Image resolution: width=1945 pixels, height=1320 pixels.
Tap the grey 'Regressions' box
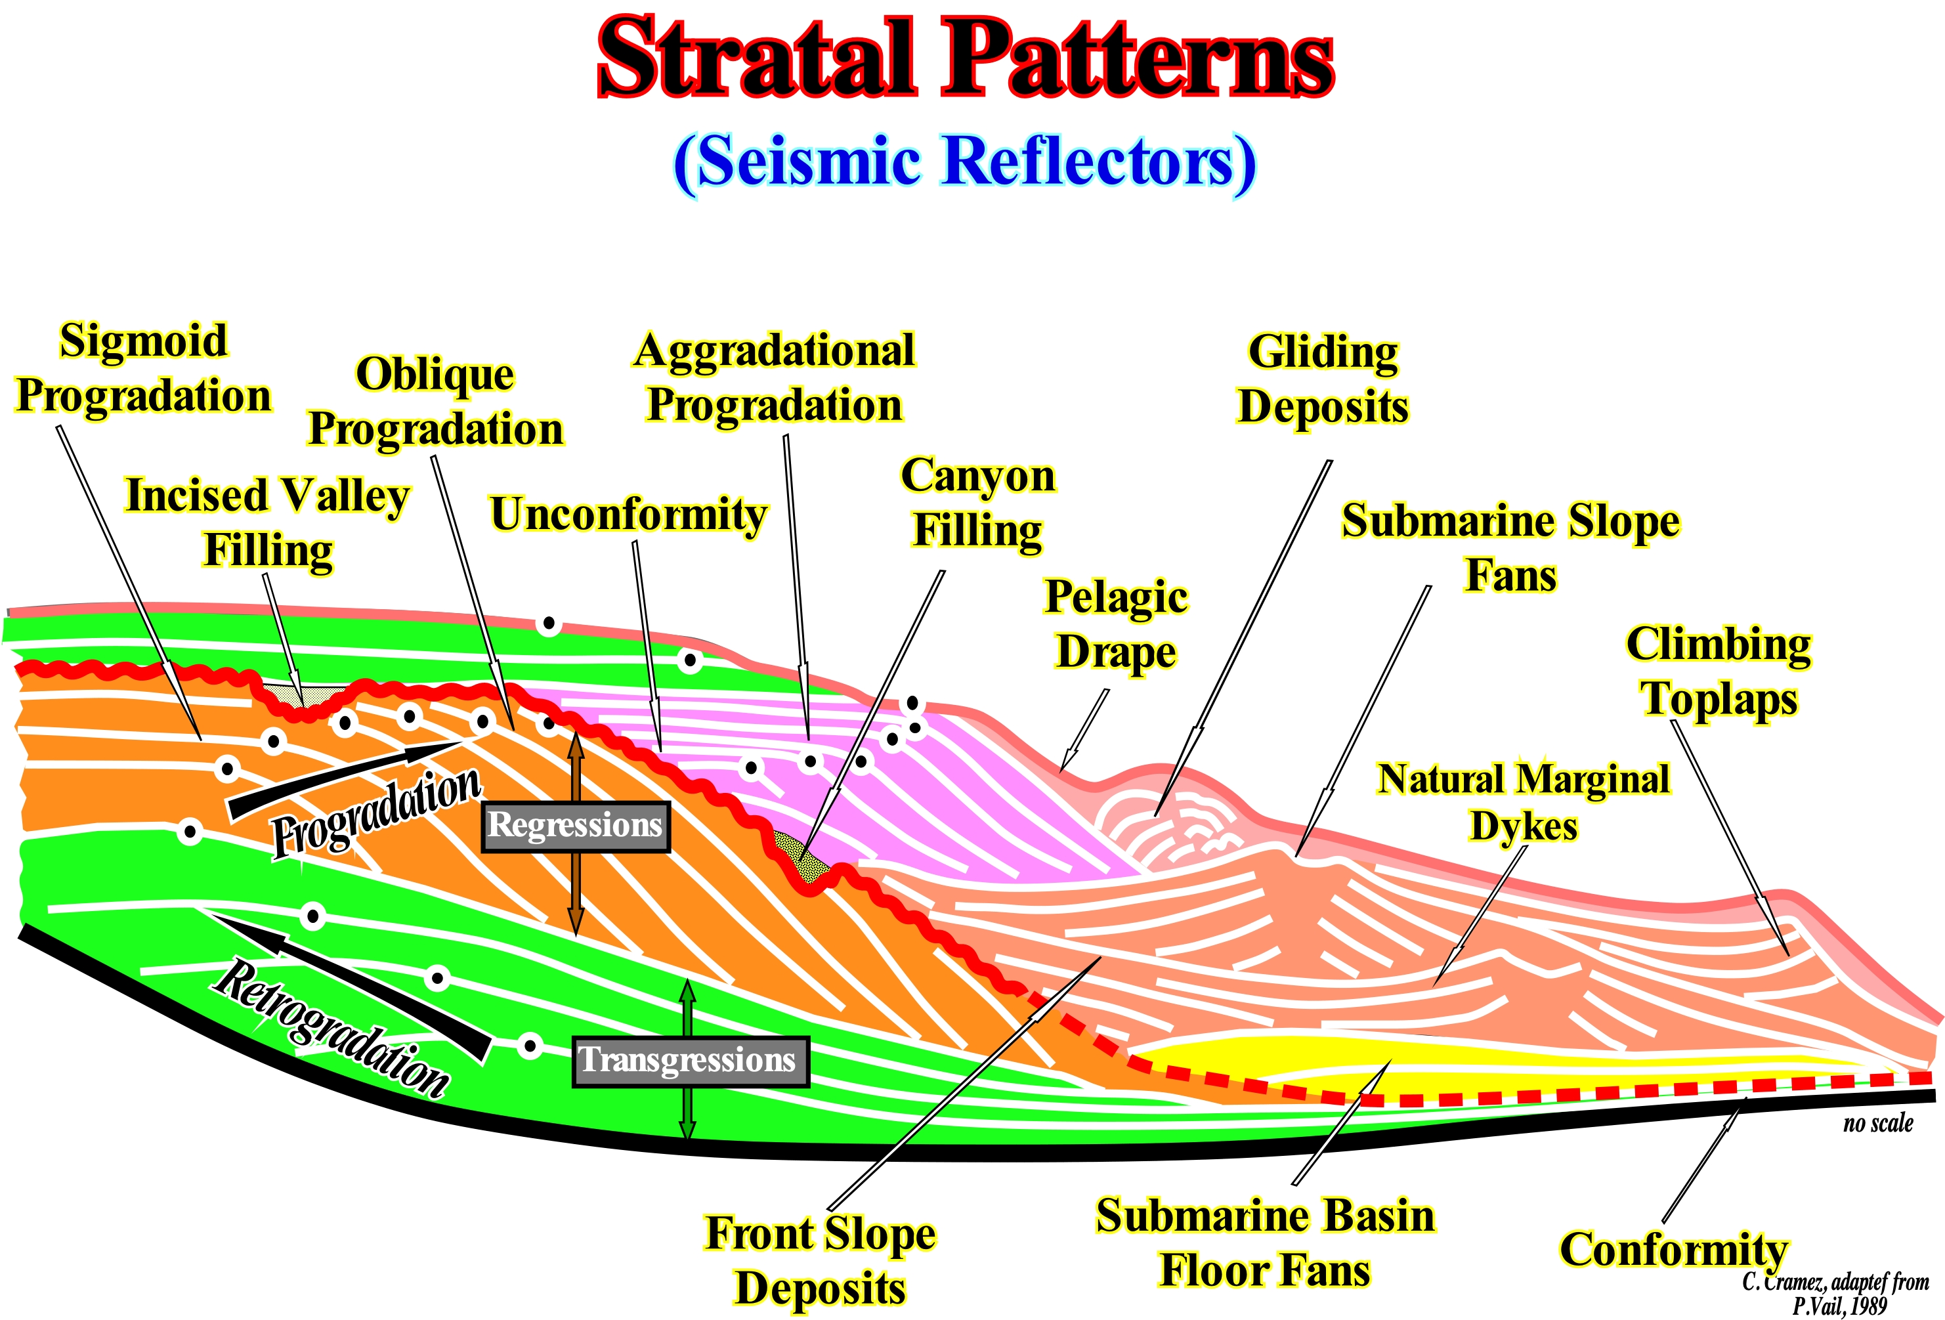click(x=575, y=826)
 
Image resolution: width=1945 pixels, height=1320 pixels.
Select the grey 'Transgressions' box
click(x=690, y=1061)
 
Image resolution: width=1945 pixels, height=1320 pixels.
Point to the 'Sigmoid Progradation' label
click(x=144, y=368)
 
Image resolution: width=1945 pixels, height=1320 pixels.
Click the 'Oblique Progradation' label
click(x=435, y=402)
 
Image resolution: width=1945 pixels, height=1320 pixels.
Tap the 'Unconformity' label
click(x=628, y=514)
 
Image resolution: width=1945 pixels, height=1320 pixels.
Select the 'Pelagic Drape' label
click(x=1117, y=624)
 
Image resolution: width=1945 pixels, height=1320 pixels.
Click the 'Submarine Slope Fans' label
click(x=1510, y=548)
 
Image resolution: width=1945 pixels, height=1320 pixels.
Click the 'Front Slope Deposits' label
click(x=820, y=1260)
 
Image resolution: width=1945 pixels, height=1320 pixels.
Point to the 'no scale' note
click(x=1878, y=1123)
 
